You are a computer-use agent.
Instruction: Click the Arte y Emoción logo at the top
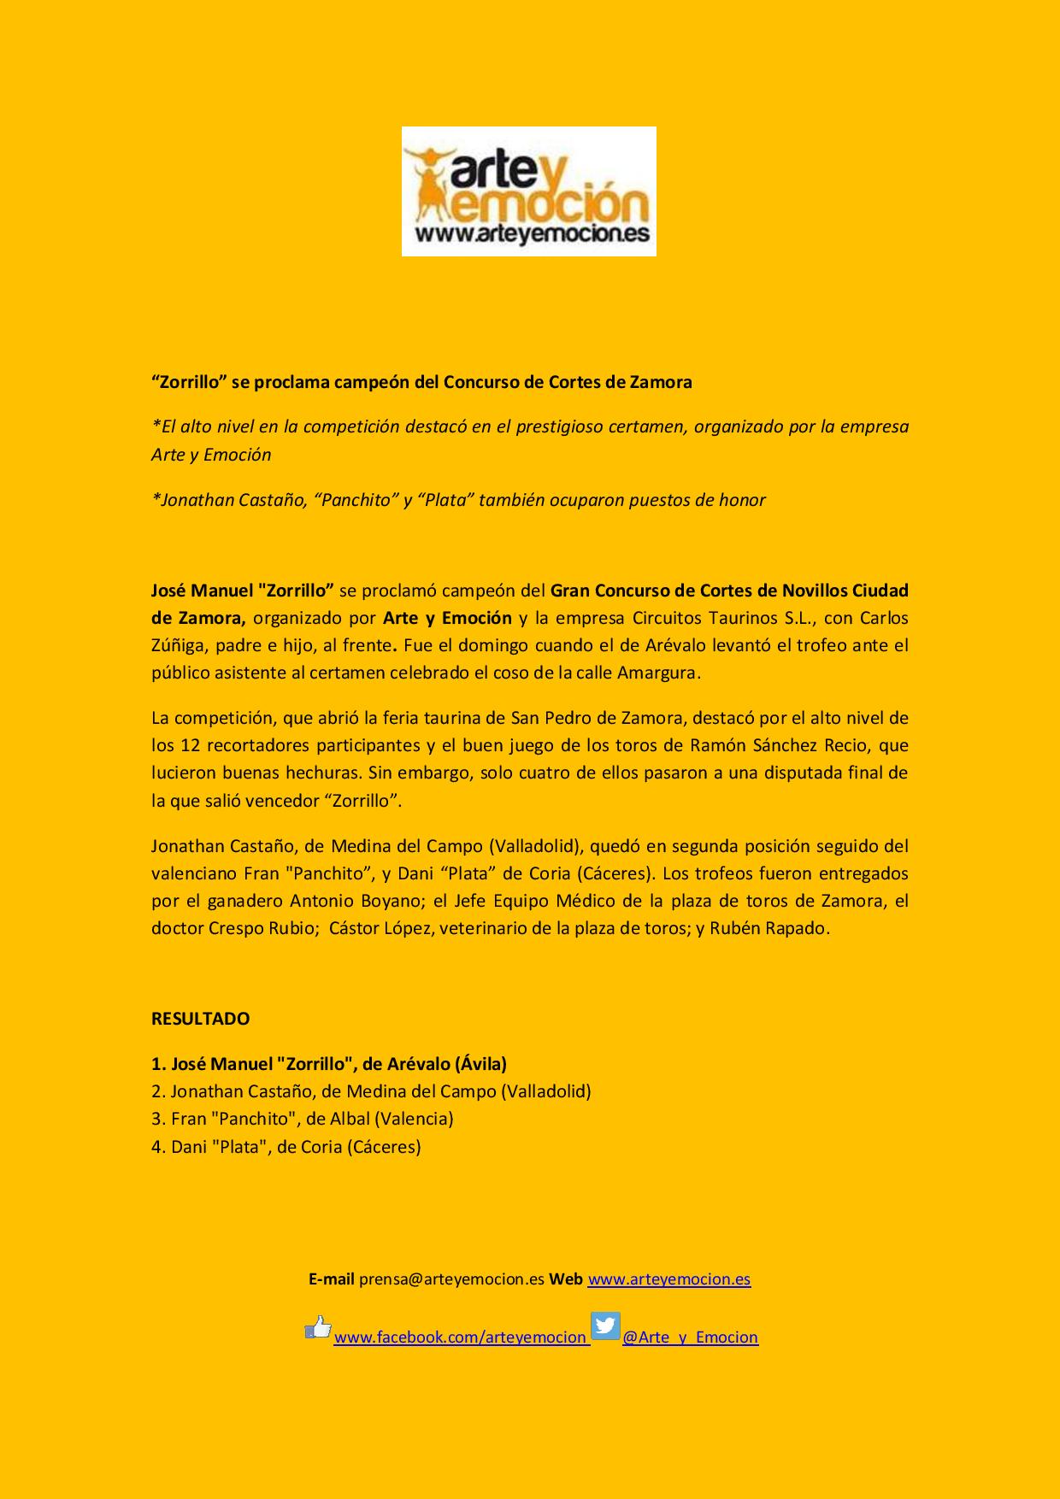(528, 191)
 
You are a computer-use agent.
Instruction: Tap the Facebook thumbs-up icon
(318, 1327)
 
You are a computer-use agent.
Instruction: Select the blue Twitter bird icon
(605, 1326)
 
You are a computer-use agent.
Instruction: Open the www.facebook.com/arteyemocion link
(460, 1337)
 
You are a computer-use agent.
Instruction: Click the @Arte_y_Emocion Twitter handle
(690, 1337)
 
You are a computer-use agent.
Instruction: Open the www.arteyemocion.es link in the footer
(668, 1279)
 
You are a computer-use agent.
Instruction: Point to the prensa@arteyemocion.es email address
(451, 1279)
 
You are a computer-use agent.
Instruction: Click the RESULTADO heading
(200, 1019)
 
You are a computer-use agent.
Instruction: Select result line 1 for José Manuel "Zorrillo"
(329, 1064)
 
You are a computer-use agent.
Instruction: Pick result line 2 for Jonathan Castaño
(371, 1091)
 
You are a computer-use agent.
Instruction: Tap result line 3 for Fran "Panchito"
(302, 1119)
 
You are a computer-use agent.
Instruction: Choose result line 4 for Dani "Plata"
(286, 1147)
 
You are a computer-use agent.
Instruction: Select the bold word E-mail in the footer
(332, 1279)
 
